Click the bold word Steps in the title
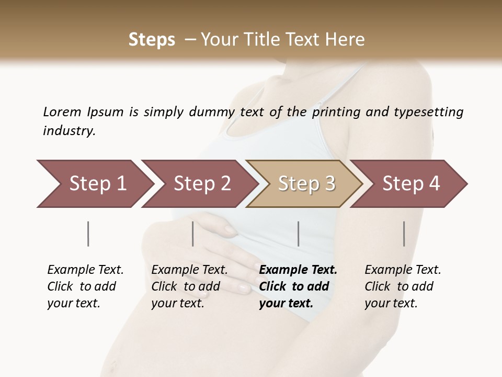coord(152,40)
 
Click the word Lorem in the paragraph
coord(62,112)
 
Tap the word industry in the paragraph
coord(69,130)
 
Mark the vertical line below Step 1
coord(88,234)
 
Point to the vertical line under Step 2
coord(193,234)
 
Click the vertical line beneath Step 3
coord(299,234)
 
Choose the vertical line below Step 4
coord(404,234)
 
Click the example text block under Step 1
coord(85,286)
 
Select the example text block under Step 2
coord(189,286)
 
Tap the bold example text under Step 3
coord(298,286)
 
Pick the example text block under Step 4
coord(403,286)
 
